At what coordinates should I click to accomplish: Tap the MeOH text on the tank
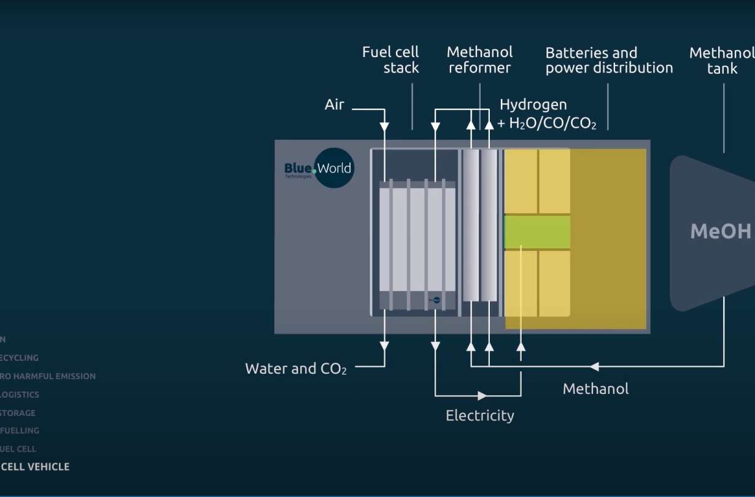[721, 231]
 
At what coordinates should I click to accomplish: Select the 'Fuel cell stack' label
[391, 60]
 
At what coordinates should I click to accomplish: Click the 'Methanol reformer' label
[479, 60]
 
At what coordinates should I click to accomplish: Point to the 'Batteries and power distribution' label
[609, 60]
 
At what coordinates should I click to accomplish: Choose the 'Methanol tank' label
[722, 60]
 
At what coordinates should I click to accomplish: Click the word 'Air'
[335, 105]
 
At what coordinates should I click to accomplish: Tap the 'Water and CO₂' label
[296, 369]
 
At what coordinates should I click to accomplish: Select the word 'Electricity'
[479, 416]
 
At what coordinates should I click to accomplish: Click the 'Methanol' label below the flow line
[595, 389]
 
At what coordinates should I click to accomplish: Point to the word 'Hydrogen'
[533, 105]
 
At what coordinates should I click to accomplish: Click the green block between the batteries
[537, 232]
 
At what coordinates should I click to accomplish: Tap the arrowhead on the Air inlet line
[384, 127]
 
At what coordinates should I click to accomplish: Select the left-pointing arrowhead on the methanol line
[594, 367]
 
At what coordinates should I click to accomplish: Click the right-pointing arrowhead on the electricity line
[482, 396]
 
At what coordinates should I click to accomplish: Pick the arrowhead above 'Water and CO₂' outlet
[384, 346]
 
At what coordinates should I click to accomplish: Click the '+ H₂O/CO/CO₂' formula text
[546, 124]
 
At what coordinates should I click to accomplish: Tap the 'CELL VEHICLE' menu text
[35, 467]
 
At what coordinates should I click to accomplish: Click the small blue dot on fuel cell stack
[436, 300]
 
